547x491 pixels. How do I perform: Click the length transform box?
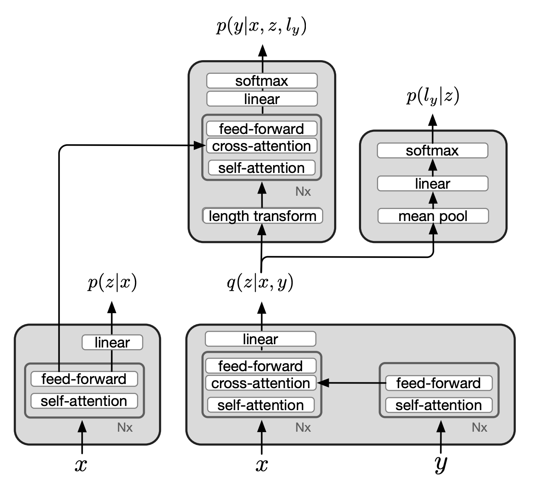(x=262, y=216)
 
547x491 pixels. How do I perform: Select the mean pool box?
(x=433, y=216)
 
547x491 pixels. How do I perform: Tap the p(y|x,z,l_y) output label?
(x=261, y=27)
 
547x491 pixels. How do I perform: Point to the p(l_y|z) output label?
(x=432, y=97)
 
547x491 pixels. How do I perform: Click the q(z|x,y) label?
(x=260, y=283)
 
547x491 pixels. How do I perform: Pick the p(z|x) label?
(x=112, y=283)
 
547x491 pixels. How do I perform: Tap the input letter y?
(x=441, y=464)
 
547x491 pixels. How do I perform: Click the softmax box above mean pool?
(x=432, y=151)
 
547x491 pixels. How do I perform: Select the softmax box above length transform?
(x=262, y=81)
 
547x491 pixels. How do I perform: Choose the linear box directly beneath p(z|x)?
(x=112, y=343)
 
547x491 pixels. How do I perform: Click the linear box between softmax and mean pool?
(x=432, y=184)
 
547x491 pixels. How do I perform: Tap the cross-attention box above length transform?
(x=261, y=146)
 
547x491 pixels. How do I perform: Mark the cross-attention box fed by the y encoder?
(x=261, y=383)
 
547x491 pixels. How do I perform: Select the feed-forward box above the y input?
(x=439, y=383)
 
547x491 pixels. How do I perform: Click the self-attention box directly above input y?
(x=439, y=405)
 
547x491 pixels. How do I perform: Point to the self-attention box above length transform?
(x=261, y=168)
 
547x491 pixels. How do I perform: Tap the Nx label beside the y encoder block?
(x=479, y=428)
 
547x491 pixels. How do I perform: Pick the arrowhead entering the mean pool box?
(x=433, y=228)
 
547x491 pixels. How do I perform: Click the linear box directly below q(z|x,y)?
(x=260, y=339)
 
